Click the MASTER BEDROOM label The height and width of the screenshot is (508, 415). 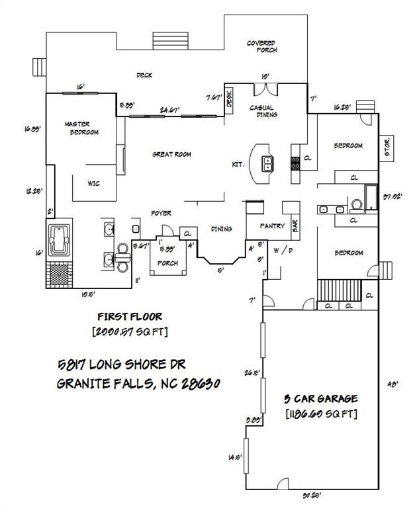pos(81,128)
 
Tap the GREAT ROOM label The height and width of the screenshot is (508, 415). pos(171,154)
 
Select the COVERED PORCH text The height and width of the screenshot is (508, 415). pos(262,46)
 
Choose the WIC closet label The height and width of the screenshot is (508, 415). pos(93,183)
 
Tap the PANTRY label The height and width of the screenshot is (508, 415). pos(272,226)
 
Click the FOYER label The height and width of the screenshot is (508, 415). pos(161,213)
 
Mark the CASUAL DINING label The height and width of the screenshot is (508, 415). pos(263,111)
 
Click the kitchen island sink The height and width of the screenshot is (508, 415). pos(268,163)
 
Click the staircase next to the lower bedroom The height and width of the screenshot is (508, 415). pos(338,290)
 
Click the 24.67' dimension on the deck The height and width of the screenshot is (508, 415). pos(171,110)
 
